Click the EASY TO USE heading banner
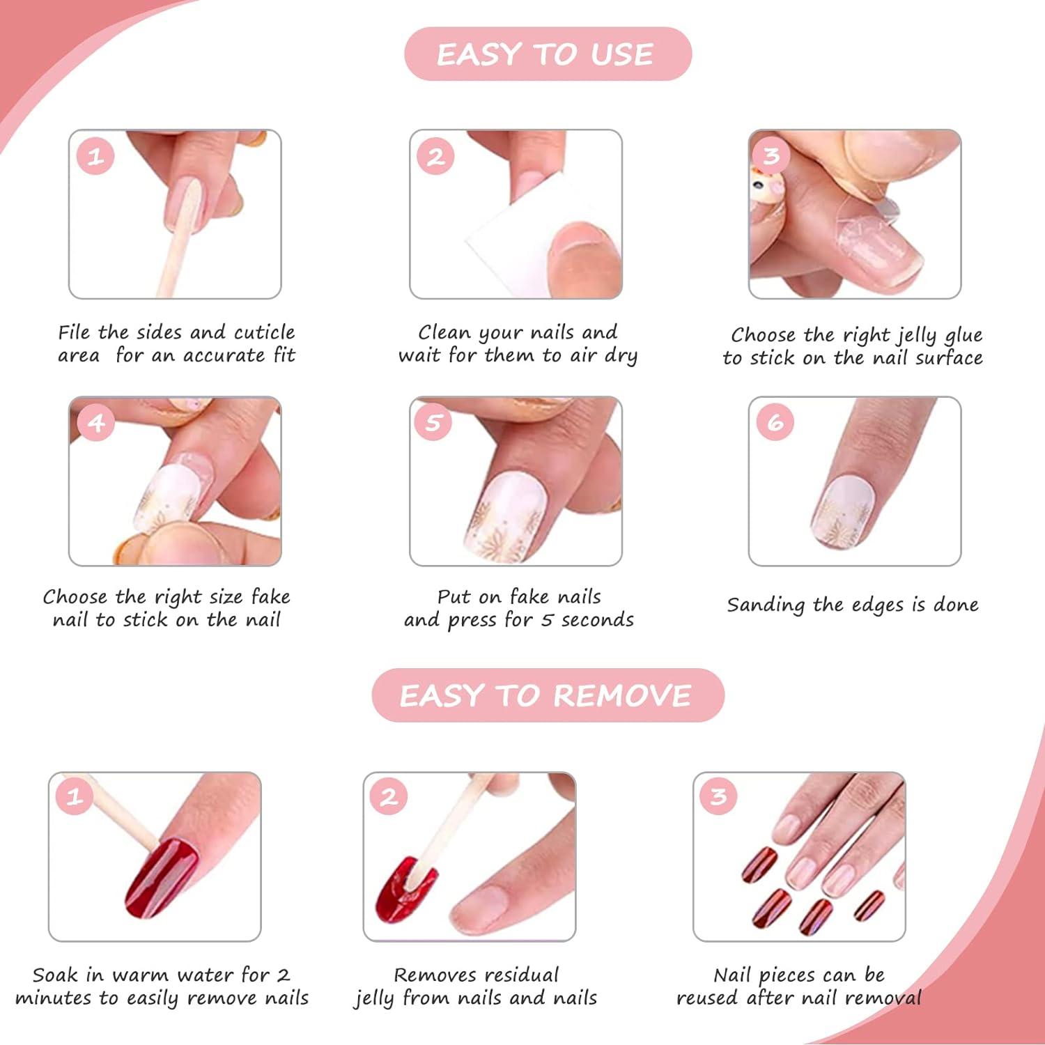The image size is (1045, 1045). pos(548,54)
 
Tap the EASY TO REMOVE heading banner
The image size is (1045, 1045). pos(548,695)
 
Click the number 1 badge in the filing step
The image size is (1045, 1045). pos(95,156)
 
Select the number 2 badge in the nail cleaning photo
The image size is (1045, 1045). pos(435,156)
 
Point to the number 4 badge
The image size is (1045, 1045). pos(95,422)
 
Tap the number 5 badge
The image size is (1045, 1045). pos(433,422)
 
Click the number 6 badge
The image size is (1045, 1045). pos(775,422)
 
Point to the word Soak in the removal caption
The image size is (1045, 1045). pos(55,975)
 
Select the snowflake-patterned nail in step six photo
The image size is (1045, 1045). pos(843,512)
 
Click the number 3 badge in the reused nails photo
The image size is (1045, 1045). pos(718,796)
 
